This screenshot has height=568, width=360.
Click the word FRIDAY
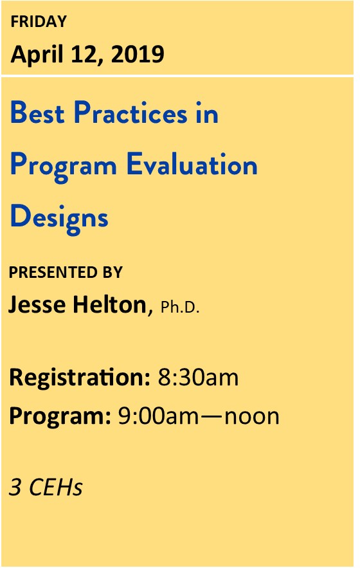click(x=39, y=21)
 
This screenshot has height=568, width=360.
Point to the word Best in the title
click(x=37, y=113)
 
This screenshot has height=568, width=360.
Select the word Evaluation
click(x=192, y=164)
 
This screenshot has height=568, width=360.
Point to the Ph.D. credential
click(x=180, y=307)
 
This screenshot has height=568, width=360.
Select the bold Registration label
click(x=79, y=378)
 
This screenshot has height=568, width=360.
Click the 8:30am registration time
click(x=198, y=378)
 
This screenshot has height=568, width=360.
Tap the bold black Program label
click(x=60, y=417)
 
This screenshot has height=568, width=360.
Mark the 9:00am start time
click(x=159, y=417)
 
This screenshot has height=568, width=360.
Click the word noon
click(x=252, y=417)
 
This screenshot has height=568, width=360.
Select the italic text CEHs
click(x=56, y=487)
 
